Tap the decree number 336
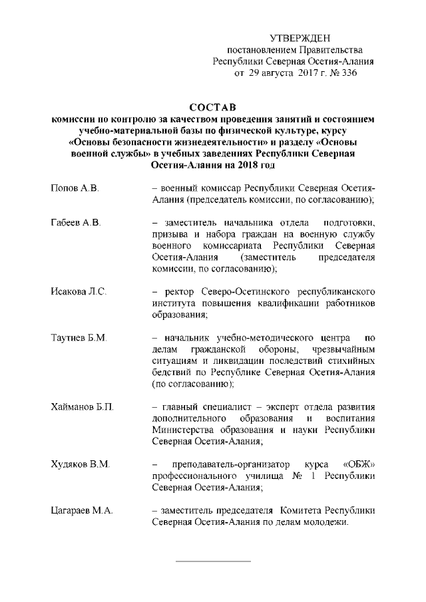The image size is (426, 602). click(349, 74)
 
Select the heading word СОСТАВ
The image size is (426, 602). click(214, 108)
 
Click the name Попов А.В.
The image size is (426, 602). click(75, 190)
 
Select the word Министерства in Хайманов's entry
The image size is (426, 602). click(182, 430)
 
